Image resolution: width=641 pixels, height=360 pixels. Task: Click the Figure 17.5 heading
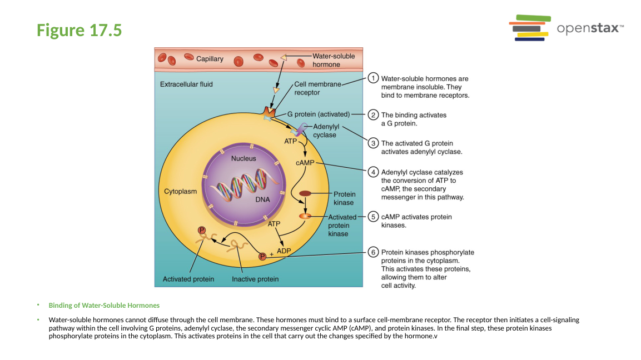(79, 30)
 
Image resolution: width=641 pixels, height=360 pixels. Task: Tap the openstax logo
(566, 28)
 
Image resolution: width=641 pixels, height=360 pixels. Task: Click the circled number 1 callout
(374, 78)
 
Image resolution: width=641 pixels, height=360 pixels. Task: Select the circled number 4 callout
(374, 172)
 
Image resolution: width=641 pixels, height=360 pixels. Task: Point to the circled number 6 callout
(374, 252)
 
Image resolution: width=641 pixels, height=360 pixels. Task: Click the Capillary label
(210, 59)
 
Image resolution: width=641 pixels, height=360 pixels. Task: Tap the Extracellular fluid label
(186, 84)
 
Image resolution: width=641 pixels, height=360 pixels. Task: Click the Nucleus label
(244, 158)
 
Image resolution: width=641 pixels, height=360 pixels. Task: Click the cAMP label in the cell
(305, 163)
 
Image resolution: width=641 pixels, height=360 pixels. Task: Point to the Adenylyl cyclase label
(326, 131)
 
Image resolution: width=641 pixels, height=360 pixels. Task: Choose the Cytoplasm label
(180, 191)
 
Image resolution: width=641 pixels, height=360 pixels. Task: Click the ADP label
(284, 251)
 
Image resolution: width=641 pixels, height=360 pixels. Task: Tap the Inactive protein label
(255, 279)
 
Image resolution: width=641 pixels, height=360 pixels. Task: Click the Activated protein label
(188, 279)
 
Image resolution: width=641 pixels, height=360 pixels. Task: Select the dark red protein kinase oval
(306, 193)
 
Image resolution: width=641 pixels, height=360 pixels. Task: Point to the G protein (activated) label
(318, 114)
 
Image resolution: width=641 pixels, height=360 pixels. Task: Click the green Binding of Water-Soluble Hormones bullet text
(104, 306)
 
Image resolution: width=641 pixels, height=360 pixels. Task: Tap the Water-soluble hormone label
(334, 60)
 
